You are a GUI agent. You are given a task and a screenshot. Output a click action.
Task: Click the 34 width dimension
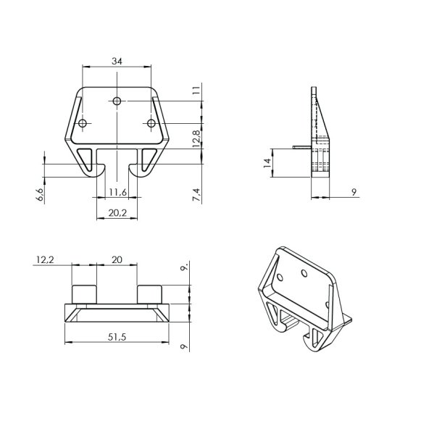(x=117, y=62)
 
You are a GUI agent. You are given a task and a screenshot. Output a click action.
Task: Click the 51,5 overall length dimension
(x=116, y=335)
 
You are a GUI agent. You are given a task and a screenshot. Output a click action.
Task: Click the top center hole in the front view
(x=117, y=101)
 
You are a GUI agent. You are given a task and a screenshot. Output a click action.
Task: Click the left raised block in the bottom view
(x=83, y=294)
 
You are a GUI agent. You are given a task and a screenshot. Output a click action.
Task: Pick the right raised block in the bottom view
(x=149, y=294)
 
